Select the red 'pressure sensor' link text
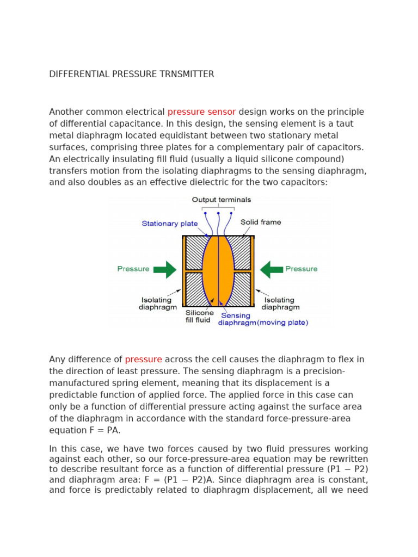coord(201,112)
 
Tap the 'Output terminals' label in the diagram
coord(222,200)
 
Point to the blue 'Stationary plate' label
coord(169,223)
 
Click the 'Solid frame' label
coord(261,222)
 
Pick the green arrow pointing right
coord(165,269)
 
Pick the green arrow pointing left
coord(272,269)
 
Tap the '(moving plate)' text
coord(282,323)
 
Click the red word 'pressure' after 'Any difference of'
coord(144,359)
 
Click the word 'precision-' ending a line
coord(320,371)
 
